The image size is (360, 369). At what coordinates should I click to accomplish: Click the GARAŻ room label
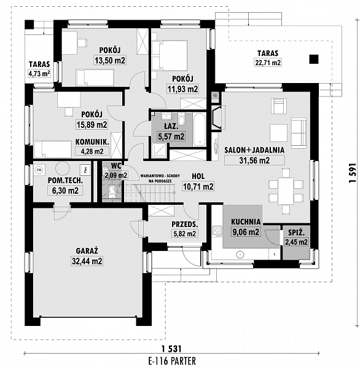(87, 251)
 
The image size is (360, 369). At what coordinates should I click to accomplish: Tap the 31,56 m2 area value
(254, 161)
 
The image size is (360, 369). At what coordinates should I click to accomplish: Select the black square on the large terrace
(314, 59)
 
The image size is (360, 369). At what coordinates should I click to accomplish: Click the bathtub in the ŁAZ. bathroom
(200, 129)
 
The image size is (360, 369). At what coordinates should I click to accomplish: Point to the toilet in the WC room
(112, 191)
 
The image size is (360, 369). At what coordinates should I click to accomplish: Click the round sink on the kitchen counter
(240, 255)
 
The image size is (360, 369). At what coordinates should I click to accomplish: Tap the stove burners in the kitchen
(217, 231)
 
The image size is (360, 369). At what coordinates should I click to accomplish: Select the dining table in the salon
(286, 191)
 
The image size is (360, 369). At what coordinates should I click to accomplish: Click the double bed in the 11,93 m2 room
(173, 55)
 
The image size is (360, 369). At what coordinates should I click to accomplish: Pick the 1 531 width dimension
(171, 349)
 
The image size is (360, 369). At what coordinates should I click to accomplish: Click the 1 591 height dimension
(353, 173)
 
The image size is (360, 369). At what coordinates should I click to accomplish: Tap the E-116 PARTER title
(172, 361)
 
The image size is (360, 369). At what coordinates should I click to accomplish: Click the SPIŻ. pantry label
(296, 232)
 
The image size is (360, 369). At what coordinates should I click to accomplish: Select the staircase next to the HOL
(150, 193)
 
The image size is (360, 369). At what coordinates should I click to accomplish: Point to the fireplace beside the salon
(216, 117)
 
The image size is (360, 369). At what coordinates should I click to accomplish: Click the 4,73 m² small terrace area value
(39, 74)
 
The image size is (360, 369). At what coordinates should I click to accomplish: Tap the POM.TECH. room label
(65, 180)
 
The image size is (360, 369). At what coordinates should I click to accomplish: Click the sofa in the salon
(299, 133)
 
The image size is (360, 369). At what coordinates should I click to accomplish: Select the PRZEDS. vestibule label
(184, 224)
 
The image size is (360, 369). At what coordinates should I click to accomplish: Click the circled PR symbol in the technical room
(39, 170)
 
